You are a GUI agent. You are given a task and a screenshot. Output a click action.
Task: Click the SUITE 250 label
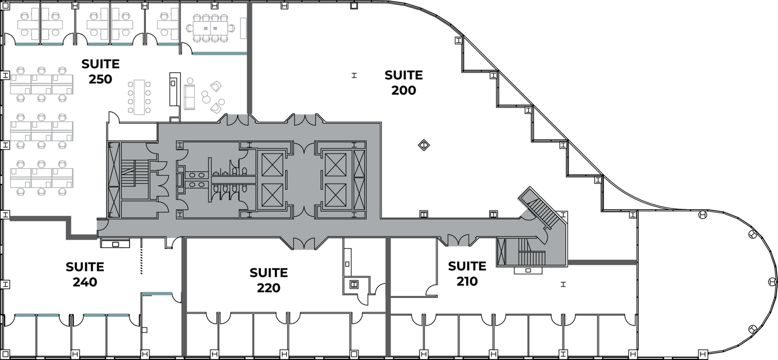tap(100, 72)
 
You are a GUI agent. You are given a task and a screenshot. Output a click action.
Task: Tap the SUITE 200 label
tap(404, 83)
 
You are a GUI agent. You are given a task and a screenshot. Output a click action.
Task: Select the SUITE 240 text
tap(85, 274)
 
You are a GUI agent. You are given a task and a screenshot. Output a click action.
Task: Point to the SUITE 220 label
tap(268, 280)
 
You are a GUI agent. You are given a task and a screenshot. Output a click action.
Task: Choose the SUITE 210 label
tap(467, 274)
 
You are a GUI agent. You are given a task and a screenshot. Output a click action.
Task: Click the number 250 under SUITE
tap(100, 80)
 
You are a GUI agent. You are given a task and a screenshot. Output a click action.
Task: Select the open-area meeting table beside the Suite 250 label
tap(139, 97)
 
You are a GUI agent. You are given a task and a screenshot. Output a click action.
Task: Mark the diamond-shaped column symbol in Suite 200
tap(424, 145)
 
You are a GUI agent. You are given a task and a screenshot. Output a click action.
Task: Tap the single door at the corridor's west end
tap(102, 224)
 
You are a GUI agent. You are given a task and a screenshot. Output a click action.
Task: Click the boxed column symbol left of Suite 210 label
tap(354, 284)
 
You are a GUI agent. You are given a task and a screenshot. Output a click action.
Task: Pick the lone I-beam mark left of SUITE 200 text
tap(354, 76)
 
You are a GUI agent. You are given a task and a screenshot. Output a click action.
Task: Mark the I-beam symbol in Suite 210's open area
tap(563, 284)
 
